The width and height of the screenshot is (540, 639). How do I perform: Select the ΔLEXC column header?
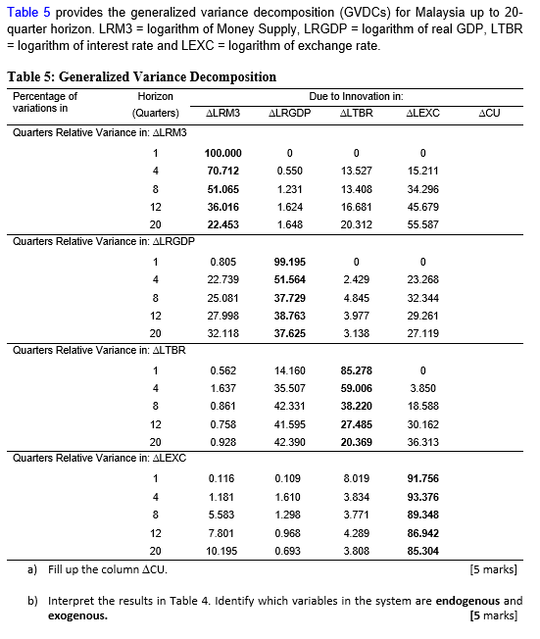(x=422, y=114)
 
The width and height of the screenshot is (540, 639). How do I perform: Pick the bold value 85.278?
(x=356, y=370)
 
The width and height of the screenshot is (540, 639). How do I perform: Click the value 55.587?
(x=422, y=224)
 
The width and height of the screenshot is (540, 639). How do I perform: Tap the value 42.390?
(x=290, y=442)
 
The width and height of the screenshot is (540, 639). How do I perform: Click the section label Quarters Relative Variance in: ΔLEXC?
(x=99, y=458)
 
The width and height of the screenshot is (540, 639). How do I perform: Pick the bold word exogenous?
(x=77, y=616)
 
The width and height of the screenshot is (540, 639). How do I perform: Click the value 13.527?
(x=356, y=171)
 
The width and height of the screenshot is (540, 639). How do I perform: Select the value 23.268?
(x=422, y=279)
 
